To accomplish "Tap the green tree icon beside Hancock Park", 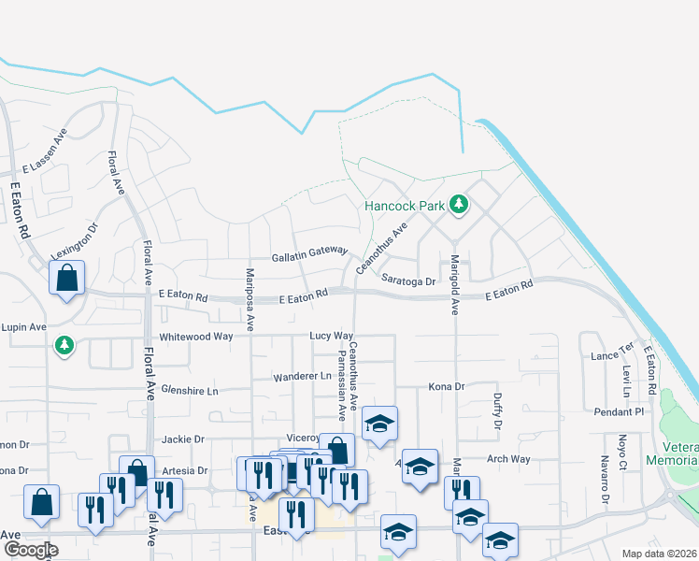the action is (458, 203).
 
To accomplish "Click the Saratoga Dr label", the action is (408, 280).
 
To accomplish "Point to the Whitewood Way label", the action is (195, 336).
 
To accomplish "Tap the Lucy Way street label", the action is (332, 335).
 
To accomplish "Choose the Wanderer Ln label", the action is (303, 377).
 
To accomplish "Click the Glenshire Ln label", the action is (189, 389).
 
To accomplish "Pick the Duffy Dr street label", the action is (496, 411).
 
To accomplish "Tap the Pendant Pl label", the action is (620, 411).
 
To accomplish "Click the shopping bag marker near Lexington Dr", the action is (67, 278).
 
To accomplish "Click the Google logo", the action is (30, 549).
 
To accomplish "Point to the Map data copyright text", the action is (660, 554).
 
